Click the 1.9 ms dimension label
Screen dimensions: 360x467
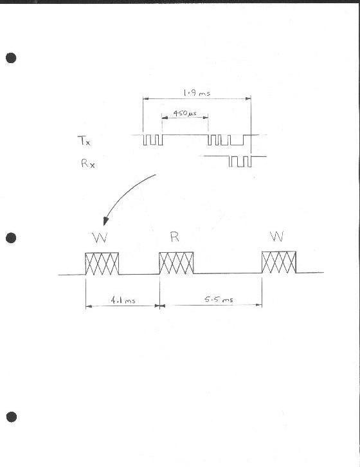tap(197, 93)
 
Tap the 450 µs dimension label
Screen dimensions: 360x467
tap(185, 113)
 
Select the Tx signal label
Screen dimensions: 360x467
tap(84, 140)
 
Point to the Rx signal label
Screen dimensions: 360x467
tap(88, 163)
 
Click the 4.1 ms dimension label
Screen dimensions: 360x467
tap(123, 300)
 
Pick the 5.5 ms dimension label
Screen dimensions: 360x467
tap(219, 299)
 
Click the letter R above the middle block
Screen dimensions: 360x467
tap(175, 237)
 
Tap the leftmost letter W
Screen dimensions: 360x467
tap(100, 237)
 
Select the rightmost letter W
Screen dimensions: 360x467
tap(277, 236)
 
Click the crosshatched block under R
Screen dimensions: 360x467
tap(176, 263)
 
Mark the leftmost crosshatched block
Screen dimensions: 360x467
tap(102, 264)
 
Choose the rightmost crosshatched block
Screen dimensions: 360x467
tap(279, 262)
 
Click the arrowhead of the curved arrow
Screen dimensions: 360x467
tap(105, 221)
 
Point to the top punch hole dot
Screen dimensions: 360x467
tap(11, 58)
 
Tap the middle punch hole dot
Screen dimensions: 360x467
tap(11, 238)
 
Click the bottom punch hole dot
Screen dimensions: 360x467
tap(12, 417)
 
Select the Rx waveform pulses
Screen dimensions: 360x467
tap(240, 161)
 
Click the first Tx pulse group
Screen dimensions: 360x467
tap(153, 140)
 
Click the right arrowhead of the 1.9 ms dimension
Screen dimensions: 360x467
tap(248, 98)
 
